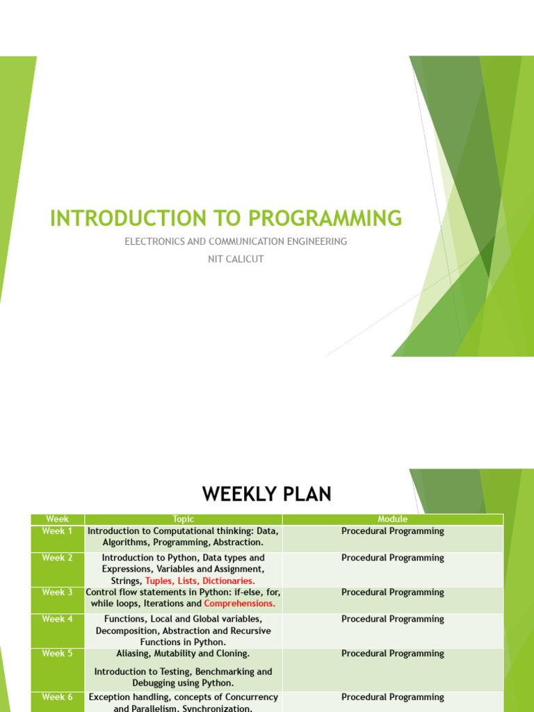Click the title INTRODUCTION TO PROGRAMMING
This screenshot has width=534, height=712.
pos(226,218)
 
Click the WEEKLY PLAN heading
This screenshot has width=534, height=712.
pos(267,494)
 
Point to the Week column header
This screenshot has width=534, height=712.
pos(57,519)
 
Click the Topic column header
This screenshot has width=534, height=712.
pos(184,519)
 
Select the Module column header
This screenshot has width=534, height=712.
pos(392,519)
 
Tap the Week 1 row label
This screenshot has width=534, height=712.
pos(57,531)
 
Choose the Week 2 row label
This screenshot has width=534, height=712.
pos(57,558)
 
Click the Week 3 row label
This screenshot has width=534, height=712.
pos(57,592)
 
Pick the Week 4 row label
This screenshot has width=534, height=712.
pos(57,619)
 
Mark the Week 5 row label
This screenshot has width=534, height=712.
pos(57,654)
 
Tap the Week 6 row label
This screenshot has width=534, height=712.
pos(57,697)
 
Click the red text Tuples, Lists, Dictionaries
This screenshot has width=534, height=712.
pos(200,581)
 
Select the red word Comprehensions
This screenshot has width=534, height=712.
pos(240,604)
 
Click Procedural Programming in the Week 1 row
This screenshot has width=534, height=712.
pos(392,531)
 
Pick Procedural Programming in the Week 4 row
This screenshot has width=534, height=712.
pos(392,619)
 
